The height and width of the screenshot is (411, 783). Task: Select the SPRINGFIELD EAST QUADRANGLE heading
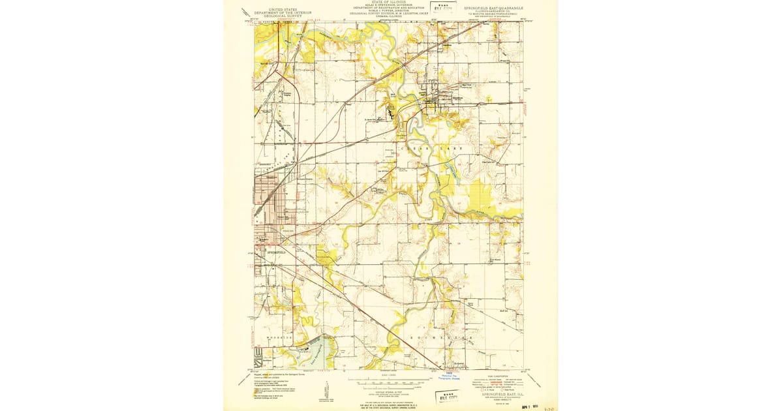[493, 8]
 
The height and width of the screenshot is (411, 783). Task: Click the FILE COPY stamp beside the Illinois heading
[446, 8]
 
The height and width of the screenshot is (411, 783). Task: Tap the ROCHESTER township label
[440, 337]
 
